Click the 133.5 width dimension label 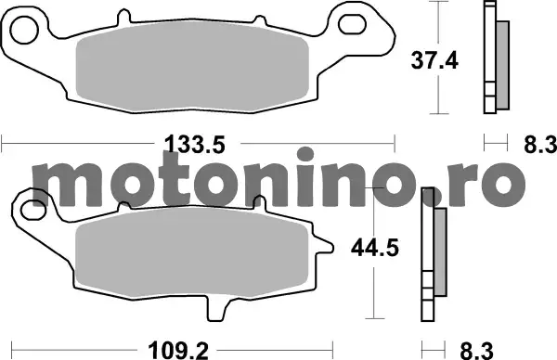195,145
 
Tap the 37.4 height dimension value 434,60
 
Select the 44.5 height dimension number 375,248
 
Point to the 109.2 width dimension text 178,351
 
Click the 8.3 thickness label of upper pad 540,145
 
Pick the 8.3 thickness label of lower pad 477,351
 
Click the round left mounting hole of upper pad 24,30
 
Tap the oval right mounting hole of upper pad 352,24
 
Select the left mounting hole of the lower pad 33,210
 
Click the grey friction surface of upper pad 192,68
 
